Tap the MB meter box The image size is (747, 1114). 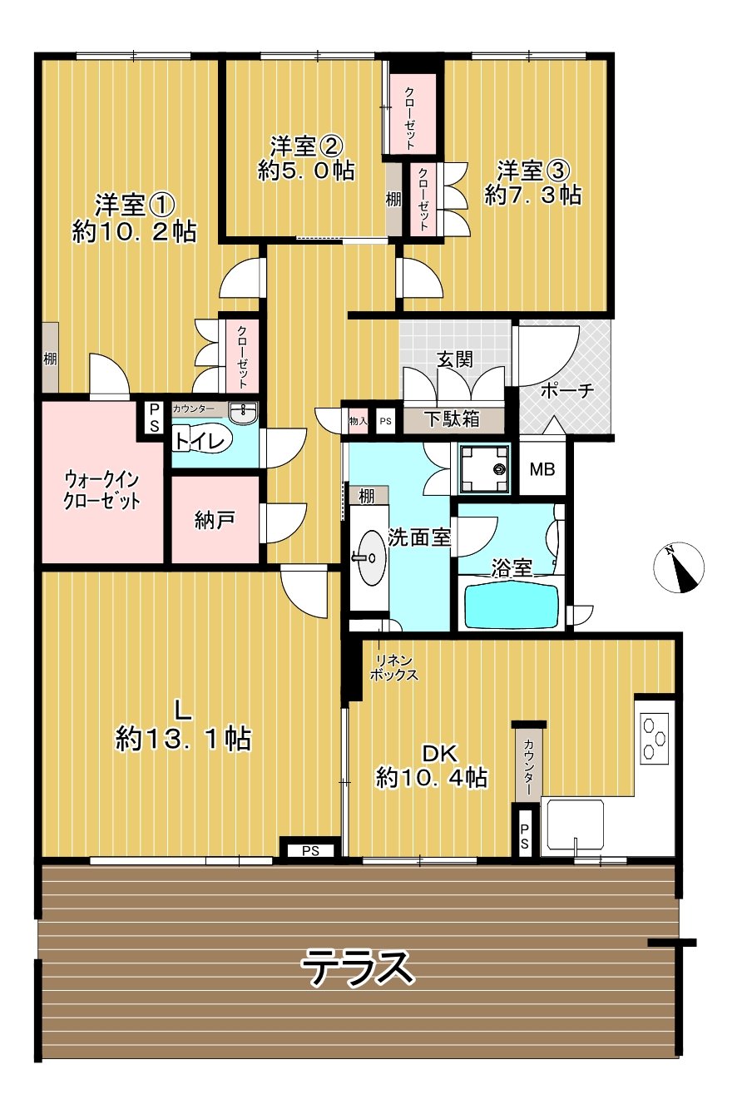click(542, 468)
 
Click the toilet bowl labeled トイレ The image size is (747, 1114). click(202, 440)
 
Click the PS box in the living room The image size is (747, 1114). click(310, 851)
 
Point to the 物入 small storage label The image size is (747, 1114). click(358, 421)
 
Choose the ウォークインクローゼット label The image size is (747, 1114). click(101, 490)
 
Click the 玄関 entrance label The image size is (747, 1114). click(454, 359)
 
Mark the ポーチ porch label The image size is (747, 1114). click(567, 391)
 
